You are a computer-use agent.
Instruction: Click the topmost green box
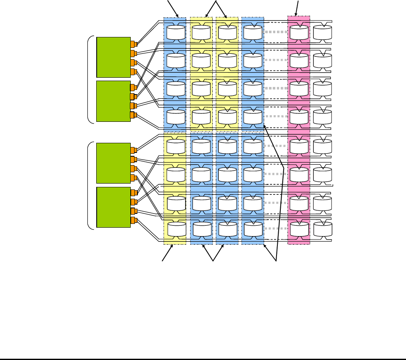pos(113,57)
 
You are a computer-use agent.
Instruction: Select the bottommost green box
pos(113,207)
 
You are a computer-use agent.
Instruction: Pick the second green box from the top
pos(113,101)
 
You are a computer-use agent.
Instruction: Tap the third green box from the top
pos(113,163)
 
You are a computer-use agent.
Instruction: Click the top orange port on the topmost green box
pos(134,44)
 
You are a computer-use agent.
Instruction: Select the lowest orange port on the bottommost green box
pos(134,221)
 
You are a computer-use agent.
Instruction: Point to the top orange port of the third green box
pos(134,150)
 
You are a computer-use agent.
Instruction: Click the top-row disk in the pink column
pos(299,32)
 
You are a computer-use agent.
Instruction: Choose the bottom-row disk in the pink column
pos(299,229)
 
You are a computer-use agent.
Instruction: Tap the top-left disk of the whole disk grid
pos(176,32)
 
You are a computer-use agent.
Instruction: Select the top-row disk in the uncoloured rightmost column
pos(322,32)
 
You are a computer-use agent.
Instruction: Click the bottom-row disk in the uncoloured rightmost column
pos(322,229)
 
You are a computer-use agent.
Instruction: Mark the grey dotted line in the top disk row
pos(276,32)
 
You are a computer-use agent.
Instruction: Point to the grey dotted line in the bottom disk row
pos(276,229)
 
